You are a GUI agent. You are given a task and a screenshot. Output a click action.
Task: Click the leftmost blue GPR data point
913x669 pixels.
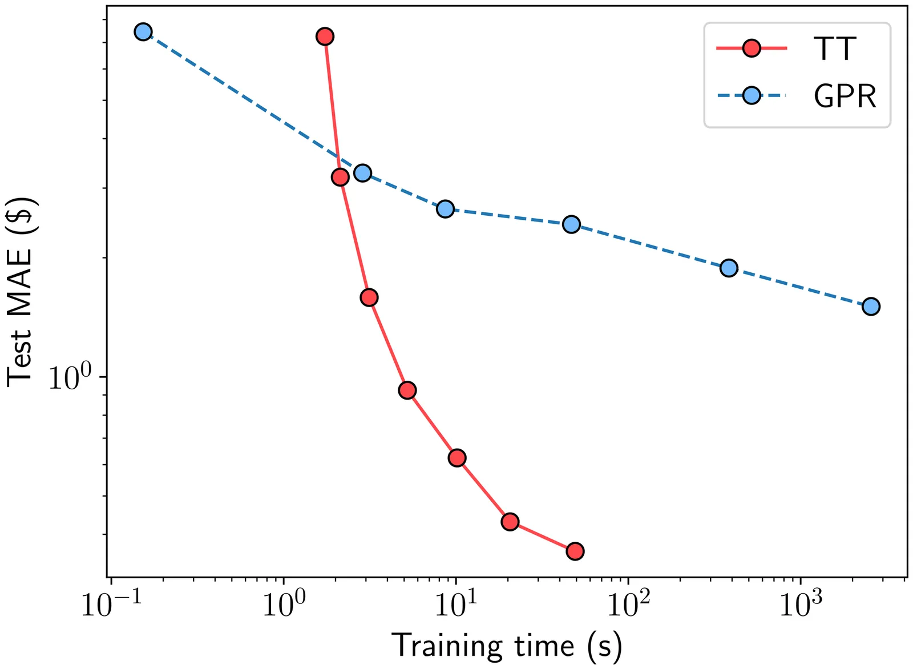pos(143,32)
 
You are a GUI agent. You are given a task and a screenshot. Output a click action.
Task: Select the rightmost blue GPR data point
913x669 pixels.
pos(871,307)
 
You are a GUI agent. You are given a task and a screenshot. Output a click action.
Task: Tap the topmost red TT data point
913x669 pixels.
pos(325,37)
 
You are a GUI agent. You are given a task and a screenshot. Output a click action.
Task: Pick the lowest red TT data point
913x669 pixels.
pos(575,551)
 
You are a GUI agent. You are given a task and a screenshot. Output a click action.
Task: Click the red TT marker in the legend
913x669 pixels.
pos(752,49)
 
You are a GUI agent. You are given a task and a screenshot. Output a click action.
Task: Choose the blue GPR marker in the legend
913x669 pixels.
pos(752,95)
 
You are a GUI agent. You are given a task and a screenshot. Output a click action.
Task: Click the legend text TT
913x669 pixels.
pos(835,49)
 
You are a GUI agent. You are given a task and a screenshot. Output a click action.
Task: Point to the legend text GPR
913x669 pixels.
pos(845,96)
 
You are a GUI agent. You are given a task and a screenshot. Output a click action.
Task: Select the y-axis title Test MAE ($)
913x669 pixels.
pos(20,292)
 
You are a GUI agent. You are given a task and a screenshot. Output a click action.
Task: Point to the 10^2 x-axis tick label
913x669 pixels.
pos(627,605)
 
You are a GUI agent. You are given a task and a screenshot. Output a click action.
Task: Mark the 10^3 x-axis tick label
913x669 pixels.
pos(799,605)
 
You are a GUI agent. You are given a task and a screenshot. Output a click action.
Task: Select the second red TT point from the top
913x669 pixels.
pos(340,177)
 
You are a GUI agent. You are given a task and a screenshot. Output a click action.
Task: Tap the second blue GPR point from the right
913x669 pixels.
pos(729,268)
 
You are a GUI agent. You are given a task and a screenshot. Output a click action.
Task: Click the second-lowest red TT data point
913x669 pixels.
pos(510,521)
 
